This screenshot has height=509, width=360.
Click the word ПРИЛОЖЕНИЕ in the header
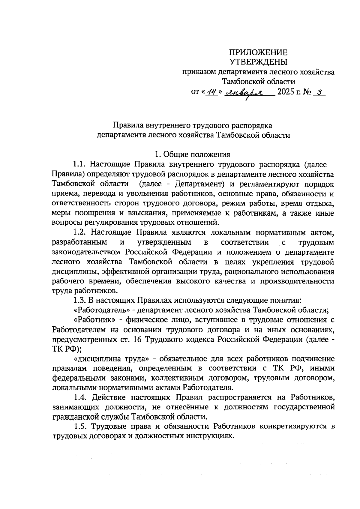[x=258, y=53]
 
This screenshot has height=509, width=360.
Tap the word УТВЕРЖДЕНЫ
[x=258, y=62]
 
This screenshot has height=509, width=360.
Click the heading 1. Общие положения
[x=192, y=154]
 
